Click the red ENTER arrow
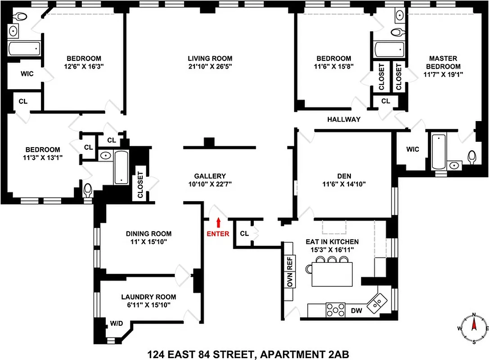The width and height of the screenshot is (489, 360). point(219,222)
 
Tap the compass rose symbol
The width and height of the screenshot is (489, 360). point(473,328)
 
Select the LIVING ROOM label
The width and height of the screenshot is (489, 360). point(210,58)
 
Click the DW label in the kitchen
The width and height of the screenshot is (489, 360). point(356,310)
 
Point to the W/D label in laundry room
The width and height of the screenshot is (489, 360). point(117,323)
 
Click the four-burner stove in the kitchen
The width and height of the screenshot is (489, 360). point(335,310)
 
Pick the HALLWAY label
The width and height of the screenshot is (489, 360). point(344,119)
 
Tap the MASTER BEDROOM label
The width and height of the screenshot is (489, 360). point(443,62)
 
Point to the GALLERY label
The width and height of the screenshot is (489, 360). point(210,176)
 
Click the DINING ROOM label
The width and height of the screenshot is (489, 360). point(148,234)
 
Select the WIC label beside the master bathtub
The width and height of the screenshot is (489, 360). point(412,149)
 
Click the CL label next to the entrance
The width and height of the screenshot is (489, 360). point(244,234)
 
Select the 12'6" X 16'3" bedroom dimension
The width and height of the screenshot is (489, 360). point(84,66)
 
